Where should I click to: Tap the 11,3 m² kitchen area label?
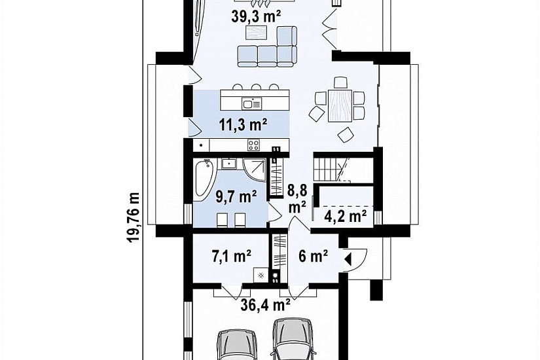pos(243,125)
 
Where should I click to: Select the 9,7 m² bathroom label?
pos(236,197)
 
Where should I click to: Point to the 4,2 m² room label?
pos(345,217)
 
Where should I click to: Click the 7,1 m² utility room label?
pos(232,256)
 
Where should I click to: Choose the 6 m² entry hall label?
pos(313,256)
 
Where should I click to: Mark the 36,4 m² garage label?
pos(265,304)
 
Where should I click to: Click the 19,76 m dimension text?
pos(134,217)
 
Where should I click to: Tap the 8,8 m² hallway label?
pos(297,198)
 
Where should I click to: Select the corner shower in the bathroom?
pos(254,170)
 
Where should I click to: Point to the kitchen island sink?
pos(251,103)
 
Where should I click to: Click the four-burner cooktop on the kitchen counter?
pos(254,145)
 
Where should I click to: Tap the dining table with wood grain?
pos(340,105)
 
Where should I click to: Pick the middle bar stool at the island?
pos(255,86)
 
